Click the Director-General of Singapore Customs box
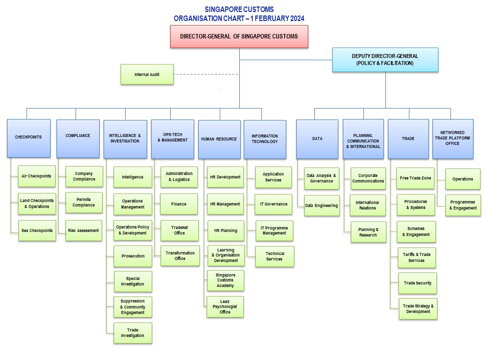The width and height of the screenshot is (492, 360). (239, 36)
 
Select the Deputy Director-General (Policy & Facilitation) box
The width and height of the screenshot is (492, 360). (385, 60)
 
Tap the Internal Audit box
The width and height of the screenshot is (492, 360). (147, 74)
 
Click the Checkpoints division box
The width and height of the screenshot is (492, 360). (29, 138)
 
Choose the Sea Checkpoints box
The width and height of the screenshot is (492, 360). (37, 230)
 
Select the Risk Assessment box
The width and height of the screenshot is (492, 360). (84, 230)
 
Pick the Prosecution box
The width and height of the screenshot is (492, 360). (133, 256)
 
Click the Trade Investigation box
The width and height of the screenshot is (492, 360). (133, 333)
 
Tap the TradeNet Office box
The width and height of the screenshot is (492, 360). (179, 230)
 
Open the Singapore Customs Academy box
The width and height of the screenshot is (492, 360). (225, 280)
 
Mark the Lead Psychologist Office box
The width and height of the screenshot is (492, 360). (225, 306)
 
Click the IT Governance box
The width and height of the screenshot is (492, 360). (274, 204)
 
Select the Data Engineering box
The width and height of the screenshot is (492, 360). (321, 205)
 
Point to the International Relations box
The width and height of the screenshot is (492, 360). (367, 205)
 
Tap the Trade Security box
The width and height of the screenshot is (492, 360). (417, 283)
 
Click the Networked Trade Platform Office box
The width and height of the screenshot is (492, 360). (452, 138)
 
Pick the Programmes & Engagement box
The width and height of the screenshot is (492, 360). (463, 205)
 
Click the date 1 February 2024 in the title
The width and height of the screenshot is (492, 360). (275, 18)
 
